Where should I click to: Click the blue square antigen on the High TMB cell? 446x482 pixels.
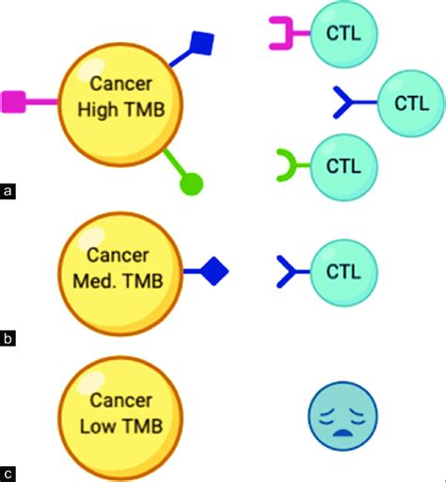[203, 42]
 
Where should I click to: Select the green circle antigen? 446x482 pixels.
[191, 184]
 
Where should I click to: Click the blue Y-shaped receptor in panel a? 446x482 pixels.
[350, 100]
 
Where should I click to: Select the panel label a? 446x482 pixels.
[8, 192]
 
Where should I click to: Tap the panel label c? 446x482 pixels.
[8, 473]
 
